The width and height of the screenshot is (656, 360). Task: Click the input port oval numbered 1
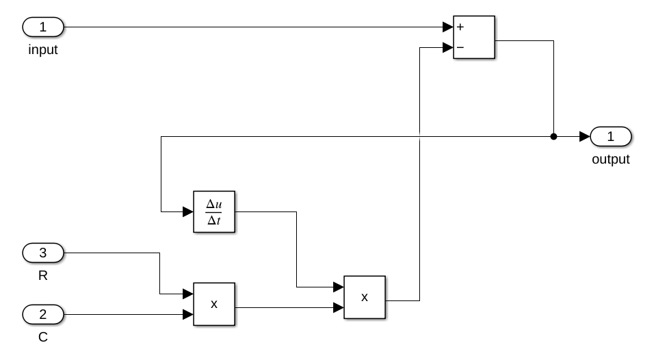43,27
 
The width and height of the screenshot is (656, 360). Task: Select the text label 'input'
43,50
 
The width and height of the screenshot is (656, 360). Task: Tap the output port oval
611,137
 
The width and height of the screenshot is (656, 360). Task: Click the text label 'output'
611,159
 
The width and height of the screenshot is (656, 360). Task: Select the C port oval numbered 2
43,315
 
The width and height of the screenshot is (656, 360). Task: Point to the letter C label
43,337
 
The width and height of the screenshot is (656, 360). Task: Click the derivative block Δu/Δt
213,211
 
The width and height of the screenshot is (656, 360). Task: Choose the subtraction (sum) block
473,38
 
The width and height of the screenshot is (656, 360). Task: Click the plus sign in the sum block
460,27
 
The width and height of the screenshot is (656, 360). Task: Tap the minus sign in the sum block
460,48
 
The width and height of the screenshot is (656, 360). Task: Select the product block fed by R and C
213,304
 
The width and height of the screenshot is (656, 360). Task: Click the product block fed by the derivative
364,297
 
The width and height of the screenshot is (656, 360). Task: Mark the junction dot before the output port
553,137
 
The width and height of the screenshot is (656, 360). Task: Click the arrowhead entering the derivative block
188,211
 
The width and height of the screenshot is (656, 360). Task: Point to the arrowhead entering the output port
584,137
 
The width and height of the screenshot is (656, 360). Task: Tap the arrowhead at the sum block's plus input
447,27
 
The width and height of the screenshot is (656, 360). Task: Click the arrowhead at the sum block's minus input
447,48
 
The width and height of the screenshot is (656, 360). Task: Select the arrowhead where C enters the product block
188,315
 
